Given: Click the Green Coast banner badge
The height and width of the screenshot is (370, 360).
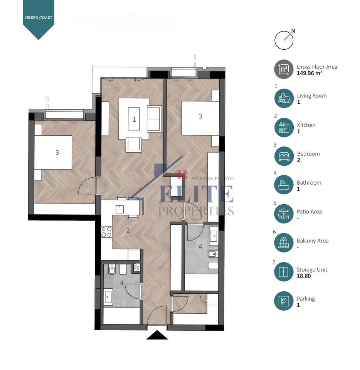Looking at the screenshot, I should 39,18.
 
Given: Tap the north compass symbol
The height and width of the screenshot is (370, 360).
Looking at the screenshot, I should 284,40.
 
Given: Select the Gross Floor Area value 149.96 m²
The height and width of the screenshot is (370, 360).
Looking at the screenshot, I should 310,73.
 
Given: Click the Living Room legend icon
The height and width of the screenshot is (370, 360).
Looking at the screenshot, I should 284,98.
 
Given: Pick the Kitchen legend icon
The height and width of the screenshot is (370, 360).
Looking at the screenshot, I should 284,128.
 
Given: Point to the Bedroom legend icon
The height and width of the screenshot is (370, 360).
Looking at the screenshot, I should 284,156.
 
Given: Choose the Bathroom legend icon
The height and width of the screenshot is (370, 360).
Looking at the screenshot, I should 284,185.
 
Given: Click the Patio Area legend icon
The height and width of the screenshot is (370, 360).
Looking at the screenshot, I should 284,214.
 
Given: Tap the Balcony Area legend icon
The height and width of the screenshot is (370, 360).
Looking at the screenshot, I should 284,243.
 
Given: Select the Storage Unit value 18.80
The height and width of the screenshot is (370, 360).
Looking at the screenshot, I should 304,276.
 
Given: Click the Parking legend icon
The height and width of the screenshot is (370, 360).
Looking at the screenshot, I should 284,301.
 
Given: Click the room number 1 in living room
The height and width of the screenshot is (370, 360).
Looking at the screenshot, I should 134,119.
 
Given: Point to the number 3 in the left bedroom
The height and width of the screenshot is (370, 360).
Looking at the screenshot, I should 57,153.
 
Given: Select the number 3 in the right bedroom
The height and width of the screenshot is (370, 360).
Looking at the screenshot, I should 200,116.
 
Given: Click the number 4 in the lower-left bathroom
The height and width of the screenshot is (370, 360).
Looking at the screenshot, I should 122,283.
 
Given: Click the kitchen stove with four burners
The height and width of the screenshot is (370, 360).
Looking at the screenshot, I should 106,232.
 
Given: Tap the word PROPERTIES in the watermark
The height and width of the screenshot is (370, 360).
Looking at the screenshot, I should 196,211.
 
